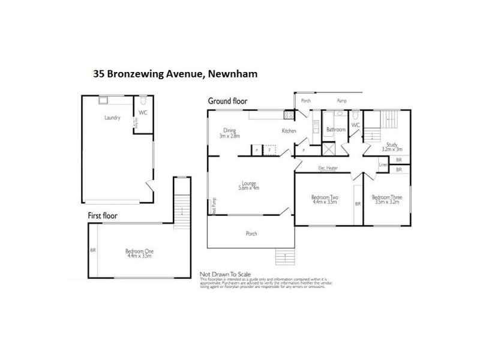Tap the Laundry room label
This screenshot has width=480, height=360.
coord(112,118)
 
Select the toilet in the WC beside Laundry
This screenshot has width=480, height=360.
coord(142,101)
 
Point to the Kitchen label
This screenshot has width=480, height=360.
coord(290,131)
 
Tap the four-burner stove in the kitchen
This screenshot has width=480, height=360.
coord(288,114)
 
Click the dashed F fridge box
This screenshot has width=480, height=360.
coord(269,149)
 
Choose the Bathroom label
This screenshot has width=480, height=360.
coord(335,129)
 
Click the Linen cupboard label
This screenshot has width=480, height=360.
coord(383,164)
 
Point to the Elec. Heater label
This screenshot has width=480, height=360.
coord(328,168)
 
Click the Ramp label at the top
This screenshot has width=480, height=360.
coord(342,101)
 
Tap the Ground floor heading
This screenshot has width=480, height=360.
coord(227,101)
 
